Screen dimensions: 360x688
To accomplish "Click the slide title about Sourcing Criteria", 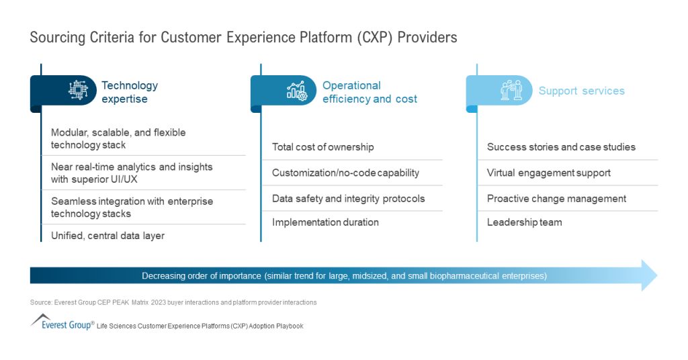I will pos(243,38).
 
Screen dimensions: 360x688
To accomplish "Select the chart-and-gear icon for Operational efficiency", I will pos(296,91).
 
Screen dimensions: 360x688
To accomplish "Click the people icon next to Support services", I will pos(511,91).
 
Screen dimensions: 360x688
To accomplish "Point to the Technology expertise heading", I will pos(130,92).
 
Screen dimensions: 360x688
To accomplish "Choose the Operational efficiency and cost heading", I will pos(370,92).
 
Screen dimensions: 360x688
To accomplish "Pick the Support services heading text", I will pos(581,91).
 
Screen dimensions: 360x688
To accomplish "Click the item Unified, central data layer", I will pos(107,235).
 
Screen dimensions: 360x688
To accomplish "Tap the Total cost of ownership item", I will pos(322,147).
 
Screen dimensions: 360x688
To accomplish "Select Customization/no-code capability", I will pos(345,173).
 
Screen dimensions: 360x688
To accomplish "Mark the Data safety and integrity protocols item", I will pos(348,198).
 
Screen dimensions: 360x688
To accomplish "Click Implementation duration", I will pos(325,222).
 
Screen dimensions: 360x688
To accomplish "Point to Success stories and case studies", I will pos(561,147).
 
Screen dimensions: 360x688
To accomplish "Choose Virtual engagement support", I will pos(548,173).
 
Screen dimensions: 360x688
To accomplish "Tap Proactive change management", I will pos(556,198).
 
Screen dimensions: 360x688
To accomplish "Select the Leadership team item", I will pos(524,222).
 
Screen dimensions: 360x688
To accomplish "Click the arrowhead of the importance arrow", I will pos(648,275).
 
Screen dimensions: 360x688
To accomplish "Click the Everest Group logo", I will pos(62,323).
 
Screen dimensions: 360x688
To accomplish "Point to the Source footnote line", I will pos(173,302).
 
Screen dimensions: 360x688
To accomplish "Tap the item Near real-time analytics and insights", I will pos(132,173).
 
